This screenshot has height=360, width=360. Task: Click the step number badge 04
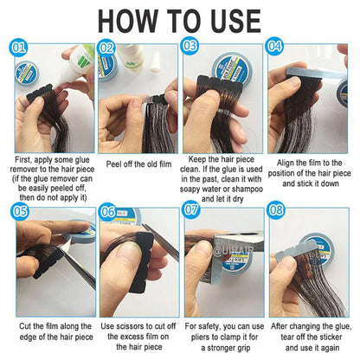tap(275, 45)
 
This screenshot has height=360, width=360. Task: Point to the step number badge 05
tap(19, 209)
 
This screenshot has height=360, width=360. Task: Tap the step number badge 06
tap(108, 209)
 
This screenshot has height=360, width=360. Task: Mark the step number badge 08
tap(276, 209)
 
